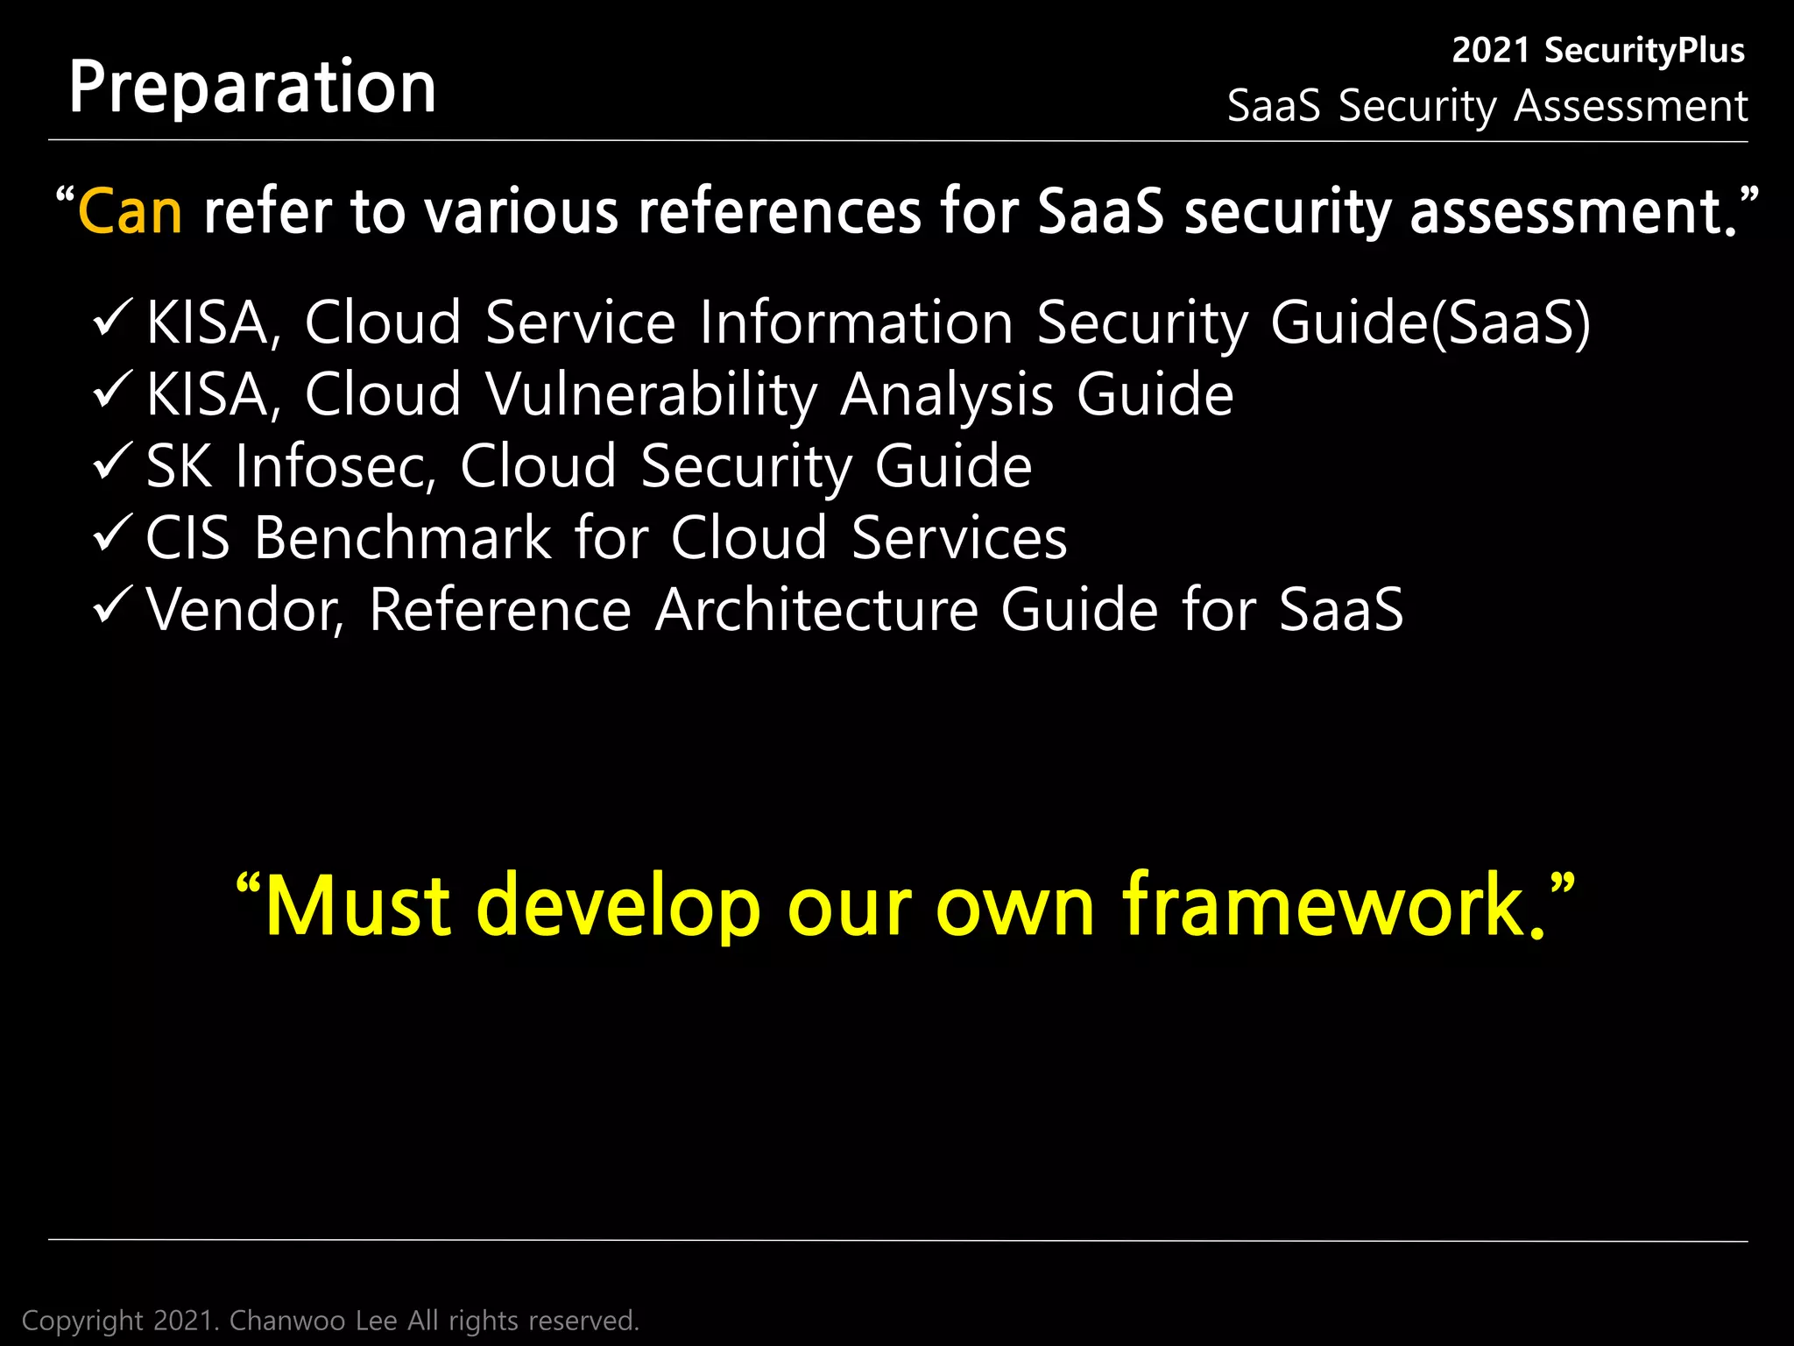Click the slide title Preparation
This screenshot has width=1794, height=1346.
point(252,88)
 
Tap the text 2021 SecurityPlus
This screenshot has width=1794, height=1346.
point(1598,51)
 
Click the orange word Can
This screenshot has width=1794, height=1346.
point(131,212)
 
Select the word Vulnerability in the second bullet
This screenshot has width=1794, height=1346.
point(651,395)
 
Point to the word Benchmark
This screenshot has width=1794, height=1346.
point(402,537)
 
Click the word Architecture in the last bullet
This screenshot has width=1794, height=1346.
point(816,610)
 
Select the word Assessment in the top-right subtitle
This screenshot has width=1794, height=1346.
point(1630,106)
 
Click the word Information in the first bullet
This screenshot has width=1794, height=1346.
point(857,323)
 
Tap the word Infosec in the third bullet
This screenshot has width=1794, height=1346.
point(335,466)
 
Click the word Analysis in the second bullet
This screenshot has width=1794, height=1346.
point(946,395)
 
